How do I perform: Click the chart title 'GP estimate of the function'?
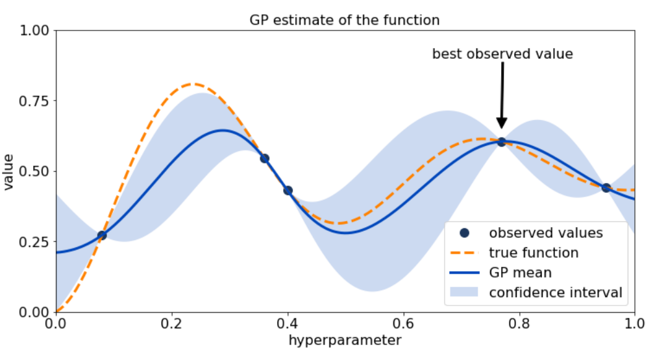(x=345, y=20)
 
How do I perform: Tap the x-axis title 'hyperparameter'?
(x=345, y=340)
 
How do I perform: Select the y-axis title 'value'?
(x=8, y=171)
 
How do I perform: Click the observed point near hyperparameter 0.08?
(x=102, y=235)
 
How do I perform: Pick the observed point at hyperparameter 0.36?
(x=264, y=158)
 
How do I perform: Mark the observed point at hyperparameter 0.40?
(x=288, y=191)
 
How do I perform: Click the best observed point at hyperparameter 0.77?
(x=501, y=141)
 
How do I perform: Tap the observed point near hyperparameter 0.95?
(x=606, y=187)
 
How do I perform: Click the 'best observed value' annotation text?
(x=502, y=54)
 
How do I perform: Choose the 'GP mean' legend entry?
(x=520, y=272)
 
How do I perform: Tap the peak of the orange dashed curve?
(x=193, y=84)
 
